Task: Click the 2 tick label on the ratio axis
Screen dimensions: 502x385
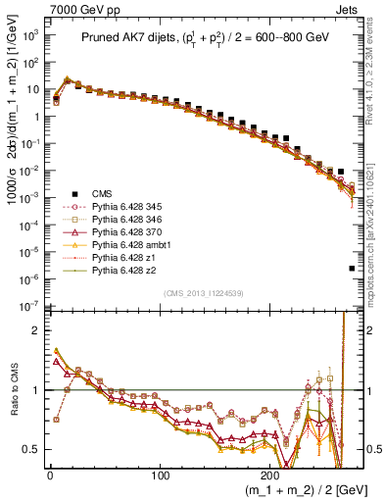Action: pyautogui.click(x=35, y=330)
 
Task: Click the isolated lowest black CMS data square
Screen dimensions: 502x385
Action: pyautogui.click(x=352, y=268)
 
